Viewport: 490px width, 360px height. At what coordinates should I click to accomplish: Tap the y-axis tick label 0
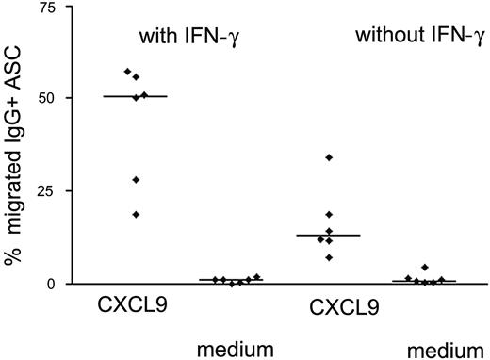pyautogui.click(x=49, y=284)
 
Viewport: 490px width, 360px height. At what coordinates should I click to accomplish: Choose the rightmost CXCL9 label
pyautogui.click(x=344, y=306)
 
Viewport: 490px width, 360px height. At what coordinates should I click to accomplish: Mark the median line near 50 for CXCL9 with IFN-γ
pyautogui.click(x=136, y=96)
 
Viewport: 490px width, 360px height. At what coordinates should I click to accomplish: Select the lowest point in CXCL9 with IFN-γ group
pyautogui.click(x=136, y=214)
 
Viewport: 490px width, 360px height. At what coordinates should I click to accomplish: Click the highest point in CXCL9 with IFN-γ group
pyautogui.click(x=127, y=72)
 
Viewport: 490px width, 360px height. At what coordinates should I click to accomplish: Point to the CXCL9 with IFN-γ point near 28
pyautogui.click(x=136, y=179)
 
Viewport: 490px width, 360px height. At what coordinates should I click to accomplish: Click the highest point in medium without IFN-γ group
pyautogui.click(x=425, y=268)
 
